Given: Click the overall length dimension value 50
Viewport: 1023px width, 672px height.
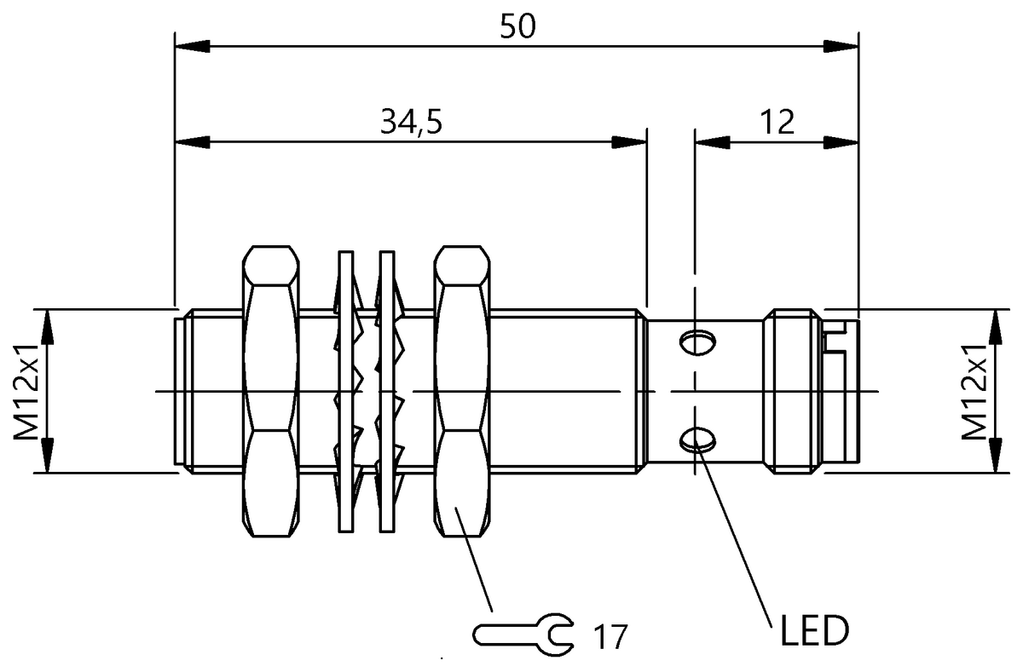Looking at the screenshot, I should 517,26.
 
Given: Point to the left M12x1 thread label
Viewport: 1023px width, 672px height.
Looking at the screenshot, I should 28,390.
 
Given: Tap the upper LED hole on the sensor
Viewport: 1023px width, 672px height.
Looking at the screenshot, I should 697,342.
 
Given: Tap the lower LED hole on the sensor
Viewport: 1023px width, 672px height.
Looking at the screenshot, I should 697,439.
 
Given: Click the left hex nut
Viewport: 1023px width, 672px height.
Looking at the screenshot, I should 270,392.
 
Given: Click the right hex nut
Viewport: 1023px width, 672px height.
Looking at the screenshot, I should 462,392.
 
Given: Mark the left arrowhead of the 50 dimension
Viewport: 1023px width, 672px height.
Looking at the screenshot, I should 189,45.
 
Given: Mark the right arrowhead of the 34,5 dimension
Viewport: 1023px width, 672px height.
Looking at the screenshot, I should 633,142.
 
